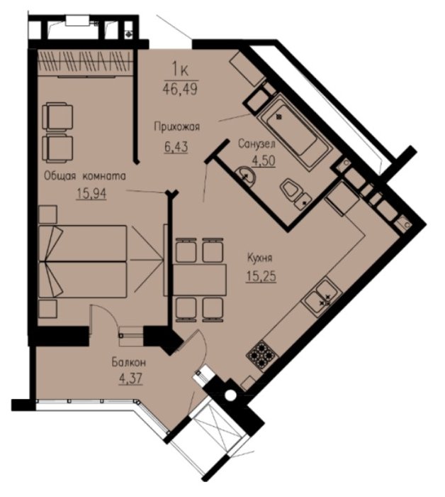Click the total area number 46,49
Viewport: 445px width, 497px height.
tap(180, 89)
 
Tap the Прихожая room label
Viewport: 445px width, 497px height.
tap(177, 127)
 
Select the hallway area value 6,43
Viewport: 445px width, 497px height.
tap(176, 147)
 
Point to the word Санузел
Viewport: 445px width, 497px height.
tap(257, 144)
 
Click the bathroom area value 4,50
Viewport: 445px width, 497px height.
tap(264, 160)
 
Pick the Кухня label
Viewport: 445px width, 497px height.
tap(259, 258)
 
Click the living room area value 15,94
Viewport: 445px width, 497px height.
tap(91, 193)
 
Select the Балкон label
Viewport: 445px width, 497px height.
tap(129, 362)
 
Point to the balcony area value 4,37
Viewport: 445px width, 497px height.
tap(130, 378)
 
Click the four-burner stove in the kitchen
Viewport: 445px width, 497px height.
tap(262, 355)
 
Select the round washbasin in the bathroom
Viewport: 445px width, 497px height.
tap(246, 175)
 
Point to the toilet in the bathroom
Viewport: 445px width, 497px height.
tap(295, 194)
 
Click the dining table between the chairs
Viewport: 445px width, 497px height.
tap(200, 280)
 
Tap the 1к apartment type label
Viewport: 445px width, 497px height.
tap(180, 70)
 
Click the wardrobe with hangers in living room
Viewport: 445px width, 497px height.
tap(84, 62)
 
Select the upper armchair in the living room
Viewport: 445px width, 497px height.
tap(58, 117)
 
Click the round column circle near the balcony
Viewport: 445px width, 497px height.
tap(230, 395)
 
